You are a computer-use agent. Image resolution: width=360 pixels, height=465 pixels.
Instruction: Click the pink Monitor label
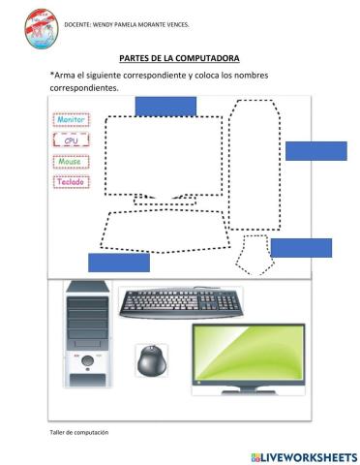click(70, 119)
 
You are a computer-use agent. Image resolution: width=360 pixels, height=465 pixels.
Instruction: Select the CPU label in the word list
click(70, 141)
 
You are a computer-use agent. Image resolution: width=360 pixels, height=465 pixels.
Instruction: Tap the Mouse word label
click(70, 162)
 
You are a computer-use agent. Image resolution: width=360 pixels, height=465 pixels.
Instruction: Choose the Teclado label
click(70, 181)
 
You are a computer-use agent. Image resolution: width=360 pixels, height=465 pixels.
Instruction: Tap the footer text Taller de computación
click(78, 432)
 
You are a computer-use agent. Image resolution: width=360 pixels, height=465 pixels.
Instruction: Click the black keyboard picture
click(181, 304)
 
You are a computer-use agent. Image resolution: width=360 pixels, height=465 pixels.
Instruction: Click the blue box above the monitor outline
click(165, 107)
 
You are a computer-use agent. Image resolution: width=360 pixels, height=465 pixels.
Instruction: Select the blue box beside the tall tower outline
click(315, 151)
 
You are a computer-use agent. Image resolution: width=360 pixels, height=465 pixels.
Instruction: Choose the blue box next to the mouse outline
click(301, 247)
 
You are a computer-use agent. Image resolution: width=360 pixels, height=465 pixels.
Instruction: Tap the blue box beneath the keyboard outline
click(119, 262)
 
